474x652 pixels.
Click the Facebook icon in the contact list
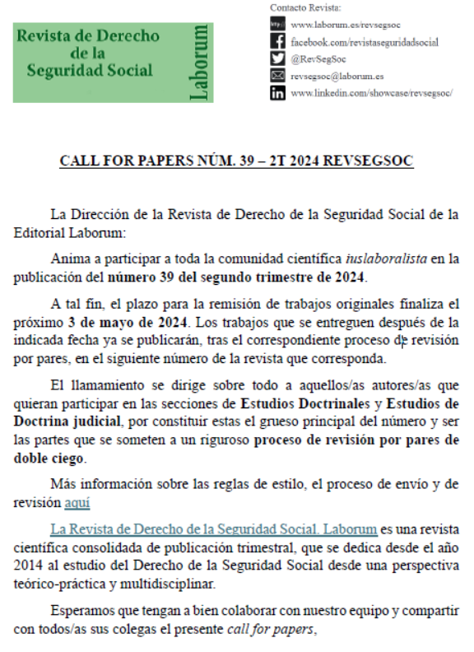277,41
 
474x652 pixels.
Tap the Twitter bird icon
277,58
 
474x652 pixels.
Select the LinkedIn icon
277,93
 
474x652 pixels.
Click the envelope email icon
277,76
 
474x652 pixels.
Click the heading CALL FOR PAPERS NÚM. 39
236,161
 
